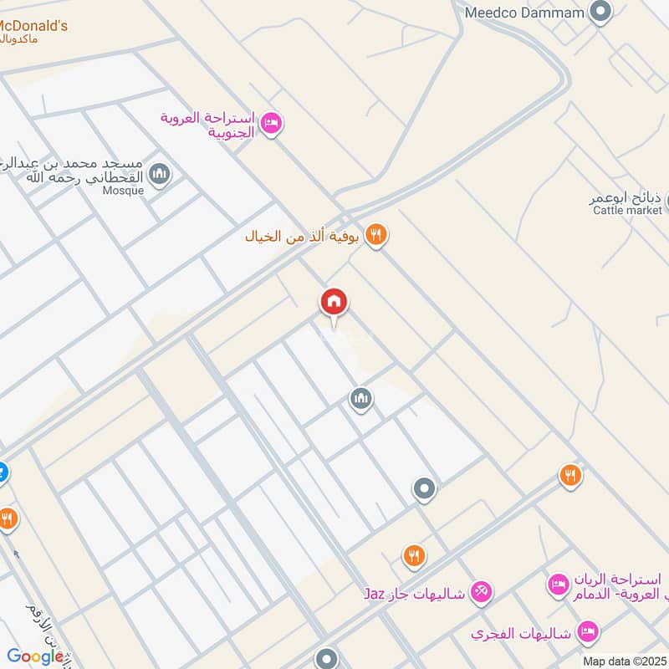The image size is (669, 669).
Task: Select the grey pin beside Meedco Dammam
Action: tap(600, 12)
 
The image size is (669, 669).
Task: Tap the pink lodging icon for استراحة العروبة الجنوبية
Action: tap(271, 124)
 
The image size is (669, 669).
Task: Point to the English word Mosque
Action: tap(124, 190)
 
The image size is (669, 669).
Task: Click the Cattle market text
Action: tap(627, 211)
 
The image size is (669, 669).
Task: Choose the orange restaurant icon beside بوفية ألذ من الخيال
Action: tap(376, 236)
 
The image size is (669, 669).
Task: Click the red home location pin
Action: tap(334, 303)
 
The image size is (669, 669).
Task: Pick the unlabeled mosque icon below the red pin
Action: tap(360, 399)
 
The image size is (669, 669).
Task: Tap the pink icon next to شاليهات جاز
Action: tap(481, 593)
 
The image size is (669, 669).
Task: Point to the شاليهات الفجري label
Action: tap(520, 634)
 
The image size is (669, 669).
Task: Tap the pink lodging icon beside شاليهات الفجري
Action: tap(589, 633)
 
